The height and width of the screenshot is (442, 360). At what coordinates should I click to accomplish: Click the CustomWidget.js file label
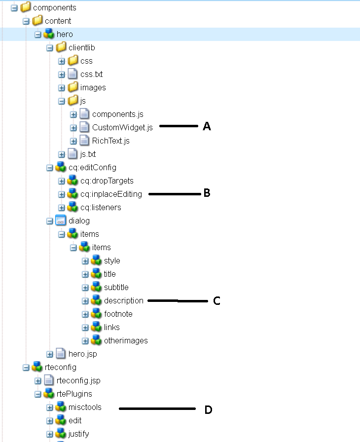(x=122, y=127)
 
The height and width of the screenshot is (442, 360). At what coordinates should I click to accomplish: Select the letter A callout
(x=207, y=127)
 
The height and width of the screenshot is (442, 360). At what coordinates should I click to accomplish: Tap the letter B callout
(x=207, y=193)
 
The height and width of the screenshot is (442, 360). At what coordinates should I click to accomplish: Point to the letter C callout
(x=216, y=301)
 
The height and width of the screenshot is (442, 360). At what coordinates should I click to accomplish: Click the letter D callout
(x=208, y=409)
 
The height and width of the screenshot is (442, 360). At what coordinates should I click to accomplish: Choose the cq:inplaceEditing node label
(x=111, y=194)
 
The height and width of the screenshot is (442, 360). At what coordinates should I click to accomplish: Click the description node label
(x=123, y=300)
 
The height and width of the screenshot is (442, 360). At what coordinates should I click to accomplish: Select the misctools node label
(x=85, y=407)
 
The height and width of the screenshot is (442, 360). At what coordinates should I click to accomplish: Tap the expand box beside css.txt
(x=62, y=74)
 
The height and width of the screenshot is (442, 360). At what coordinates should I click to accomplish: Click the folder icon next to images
(x=73, y=87)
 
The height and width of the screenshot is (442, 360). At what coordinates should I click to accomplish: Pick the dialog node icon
(x=61, y=221)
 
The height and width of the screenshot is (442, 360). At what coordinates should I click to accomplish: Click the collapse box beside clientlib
(x=49, y=48)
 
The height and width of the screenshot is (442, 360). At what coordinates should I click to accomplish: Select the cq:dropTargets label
(x=107, y=181)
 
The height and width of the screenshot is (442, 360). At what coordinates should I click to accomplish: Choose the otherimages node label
(x=126, y=340)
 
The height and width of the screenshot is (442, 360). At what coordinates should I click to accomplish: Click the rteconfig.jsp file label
(x=78, y=380)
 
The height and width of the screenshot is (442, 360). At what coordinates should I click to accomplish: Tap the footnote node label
(x=118, y=314)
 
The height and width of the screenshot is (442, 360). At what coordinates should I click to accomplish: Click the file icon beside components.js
(x=85, y=114)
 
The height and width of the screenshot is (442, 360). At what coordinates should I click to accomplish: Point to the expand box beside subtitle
(x=85, y=288)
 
